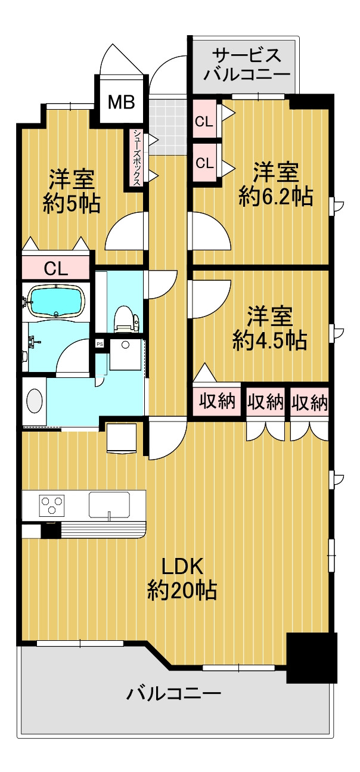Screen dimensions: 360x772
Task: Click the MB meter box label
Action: point(121,102)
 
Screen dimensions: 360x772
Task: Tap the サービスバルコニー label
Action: point(246,65)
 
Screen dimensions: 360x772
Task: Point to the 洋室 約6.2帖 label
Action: point(275,184)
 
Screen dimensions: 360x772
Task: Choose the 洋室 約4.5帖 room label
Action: point(269,328)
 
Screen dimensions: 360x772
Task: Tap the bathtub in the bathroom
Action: point(57,301)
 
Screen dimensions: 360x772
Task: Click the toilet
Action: point(126,318)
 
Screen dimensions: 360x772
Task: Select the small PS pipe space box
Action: point(100,343)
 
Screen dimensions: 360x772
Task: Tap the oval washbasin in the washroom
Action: point(35,401)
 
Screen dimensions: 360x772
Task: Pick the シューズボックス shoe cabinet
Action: point(137,157)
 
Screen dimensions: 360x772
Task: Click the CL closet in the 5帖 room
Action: point(56,268)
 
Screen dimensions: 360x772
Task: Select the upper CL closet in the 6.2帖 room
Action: point(204,120)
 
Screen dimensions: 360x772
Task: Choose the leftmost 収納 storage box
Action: point(217,401)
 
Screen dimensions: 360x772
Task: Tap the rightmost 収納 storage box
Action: point(309,402)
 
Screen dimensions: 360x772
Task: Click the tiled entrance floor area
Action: point(167,127)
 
